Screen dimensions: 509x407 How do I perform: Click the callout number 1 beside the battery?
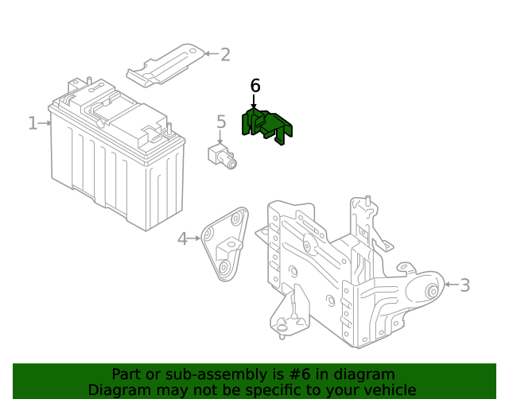33,123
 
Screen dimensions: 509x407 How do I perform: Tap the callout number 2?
225,55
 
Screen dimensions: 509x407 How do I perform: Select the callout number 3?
465,285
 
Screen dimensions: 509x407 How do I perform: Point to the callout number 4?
182,239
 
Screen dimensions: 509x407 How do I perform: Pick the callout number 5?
221,122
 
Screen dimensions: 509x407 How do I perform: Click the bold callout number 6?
255,86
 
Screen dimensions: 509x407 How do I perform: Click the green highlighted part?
267,126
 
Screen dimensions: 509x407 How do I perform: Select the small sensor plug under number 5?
222,157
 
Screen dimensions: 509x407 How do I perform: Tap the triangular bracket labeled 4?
224,244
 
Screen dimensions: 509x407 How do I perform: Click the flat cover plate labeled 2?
165,65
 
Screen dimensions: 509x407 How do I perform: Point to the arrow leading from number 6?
254,101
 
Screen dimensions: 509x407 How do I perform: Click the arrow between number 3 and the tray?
451,285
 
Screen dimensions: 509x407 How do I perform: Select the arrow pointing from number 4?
194,238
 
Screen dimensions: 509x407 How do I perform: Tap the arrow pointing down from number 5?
220,137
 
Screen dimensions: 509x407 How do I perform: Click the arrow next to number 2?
212,53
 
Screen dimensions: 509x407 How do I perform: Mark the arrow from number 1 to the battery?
45,123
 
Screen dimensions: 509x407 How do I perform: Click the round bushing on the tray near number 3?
433,290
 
